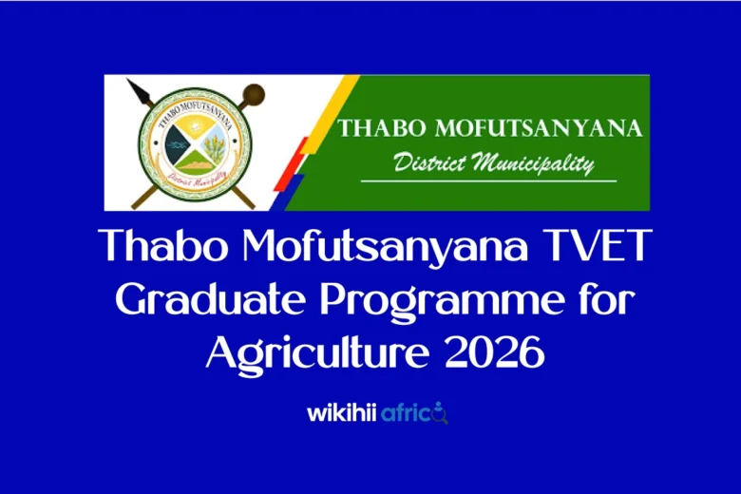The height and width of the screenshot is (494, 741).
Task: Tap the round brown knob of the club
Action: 255,92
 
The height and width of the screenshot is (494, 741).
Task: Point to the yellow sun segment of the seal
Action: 195,126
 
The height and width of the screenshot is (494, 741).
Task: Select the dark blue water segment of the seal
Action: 177,145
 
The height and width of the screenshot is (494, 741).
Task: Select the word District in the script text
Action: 428,162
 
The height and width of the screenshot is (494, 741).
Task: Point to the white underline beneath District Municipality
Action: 488,180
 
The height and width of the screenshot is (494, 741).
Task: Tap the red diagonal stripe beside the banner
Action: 296,161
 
